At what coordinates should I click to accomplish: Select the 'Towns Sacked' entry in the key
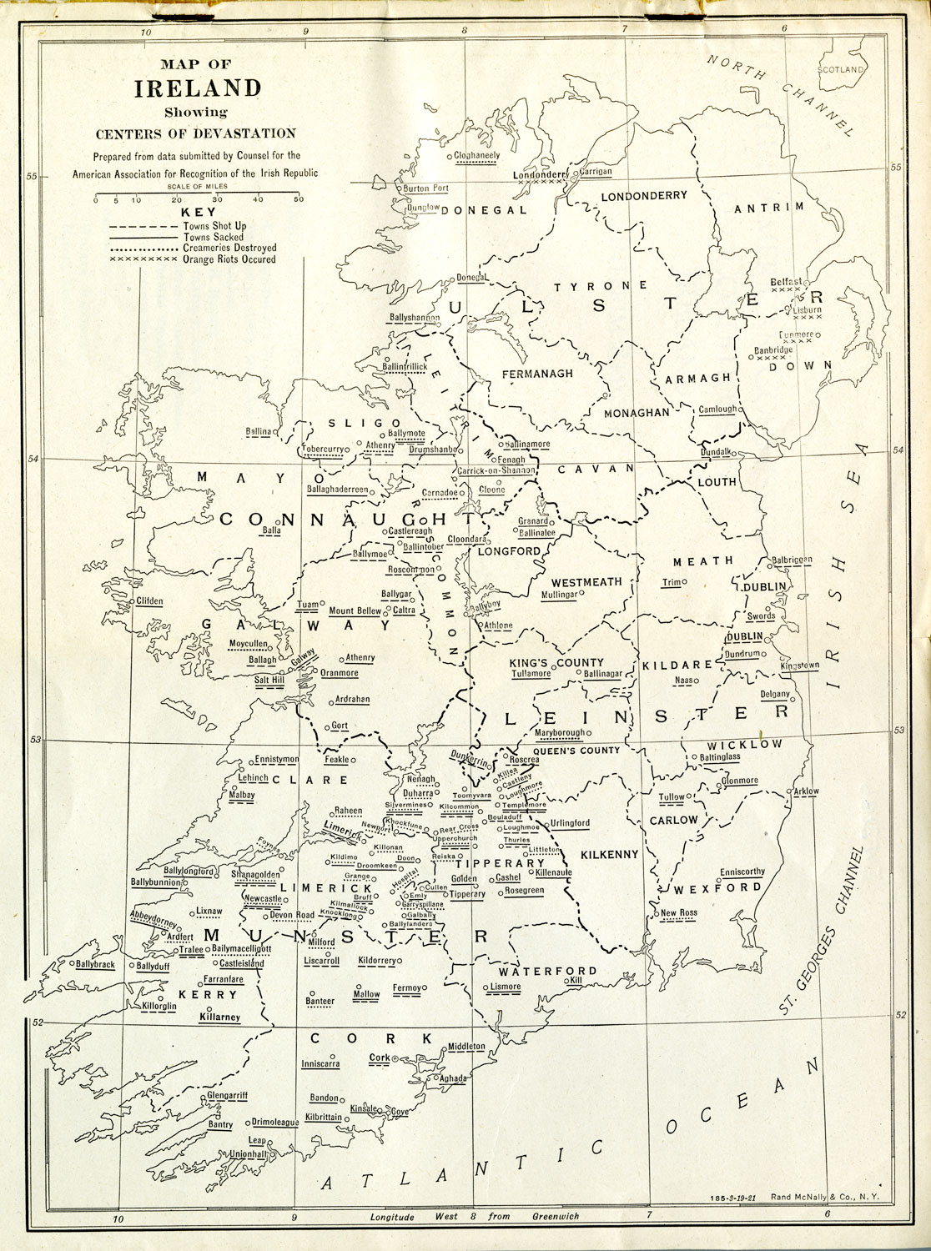[215, 238]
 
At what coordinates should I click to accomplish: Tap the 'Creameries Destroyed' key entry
[229, 249]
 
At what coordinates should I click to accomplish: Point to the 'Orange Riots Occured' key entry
[229, 259]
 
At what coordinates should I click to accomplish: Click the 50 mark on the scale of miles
[298, 200]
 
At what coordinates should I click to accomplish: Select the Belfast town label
[786, 282]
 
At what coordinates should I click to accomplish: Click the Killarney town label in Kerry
[219, 1017]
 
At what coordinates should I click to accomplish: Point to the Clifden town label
[150, 601]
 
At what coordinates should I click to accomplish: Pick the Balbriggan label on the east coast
[792, 560]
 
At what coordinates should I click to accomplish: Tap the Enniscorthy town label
[742, 872]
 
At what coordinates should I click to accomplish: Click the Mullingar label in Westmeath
[559, 595]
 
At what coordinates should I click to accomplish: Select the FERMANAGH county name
[537, 374]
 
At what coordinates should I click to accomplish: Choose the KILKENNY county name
[610, 854]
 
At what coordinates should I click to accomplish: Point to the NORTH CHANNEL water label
[780, 93]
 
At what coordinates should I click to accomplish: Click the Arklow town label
[807, 791]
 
